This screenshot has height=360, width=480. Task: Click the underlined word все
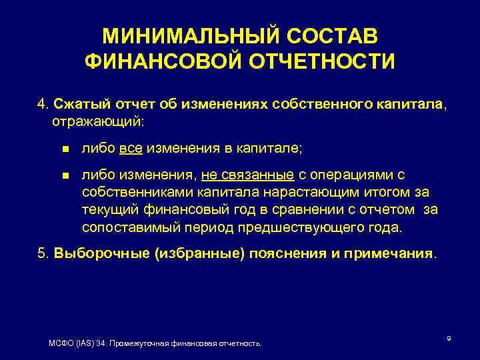coord(131,149)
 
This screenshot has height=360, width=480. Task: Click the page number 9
coord(449,339)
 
